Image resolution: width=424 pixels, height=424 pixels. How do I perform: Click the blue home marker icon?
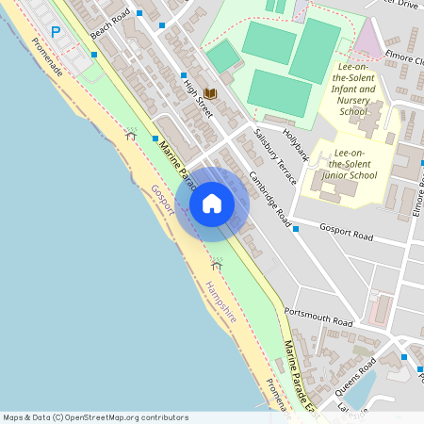211,203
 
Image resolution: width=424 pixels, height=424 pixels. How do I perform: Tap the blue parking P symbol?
55,32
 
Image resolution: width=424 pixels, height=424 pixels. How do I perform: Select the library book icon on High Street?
210,92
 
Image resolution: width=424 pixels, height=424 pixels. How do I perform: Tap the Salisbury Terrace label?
275,155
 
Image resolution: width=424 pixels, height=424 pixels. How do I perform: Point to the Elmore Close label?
404,57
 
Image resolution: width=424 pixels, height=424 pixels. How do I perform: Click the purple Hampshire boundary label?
221,302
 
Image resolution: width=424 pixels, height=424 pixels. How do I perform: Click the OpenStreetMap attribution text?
95,417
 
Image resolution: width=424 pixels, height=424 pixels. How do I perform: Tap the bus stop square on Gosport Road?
295,228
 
